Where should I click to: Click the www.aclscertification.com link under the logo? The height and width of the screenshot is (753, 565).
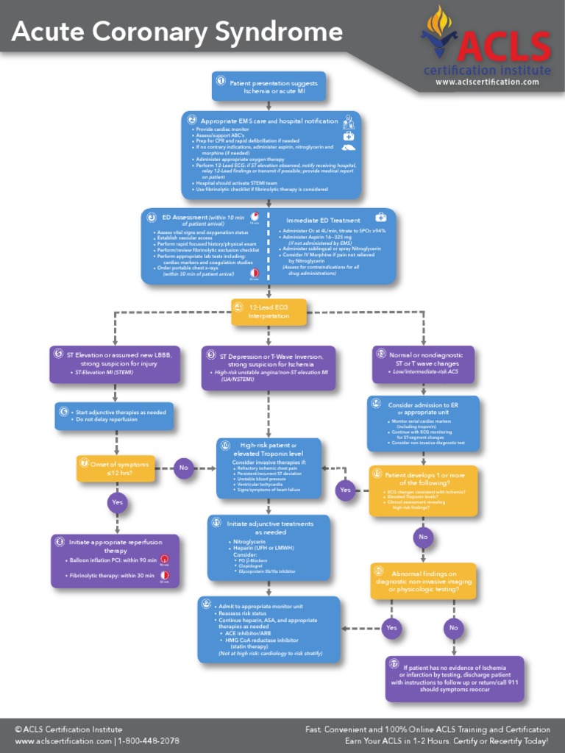pyautogui.click(x=486, y=82)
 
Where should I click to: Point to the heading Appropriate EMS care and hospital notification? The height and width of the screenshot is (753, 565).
pyautogui.click(x=269, y=121)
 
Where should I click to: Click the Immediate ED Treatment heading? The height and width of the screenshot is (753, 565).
pyautogui.click(x=323, y=220)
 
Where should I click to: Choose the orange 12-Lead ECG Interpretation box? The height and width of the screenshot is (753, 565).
pyautogui.click(x=269, y=311)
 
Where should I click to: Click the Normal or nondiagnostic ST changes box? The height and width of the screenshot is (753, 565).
pyautogui.click(x=423, y=363)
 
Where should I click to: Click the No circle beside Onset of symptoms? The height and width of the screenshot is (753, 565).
pyautogui.click(x=184, y=468)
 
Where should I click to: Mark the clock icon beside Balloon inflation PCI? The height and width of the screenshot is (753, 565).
pyautogui.click(x=165, y=560)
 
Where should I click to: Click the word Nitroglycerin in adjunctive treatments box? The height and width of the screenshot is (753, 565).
pyautogui.click(x=247, y=541)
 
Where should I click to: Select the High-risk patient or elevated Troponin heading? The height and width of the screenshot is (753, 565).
pyautogui.click(x=269, y=449)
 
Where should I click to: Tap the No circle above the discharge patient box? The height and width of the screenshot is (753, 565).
pyautogui.click(x=454, y=628)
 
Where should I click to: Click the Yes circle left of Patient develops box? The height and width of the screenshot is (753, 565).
pyautogui.click(x=345, y=489)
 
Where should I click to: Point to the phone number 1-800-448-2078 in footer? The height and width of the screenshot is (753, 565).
pyautogui.click(x=149, y=740)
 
